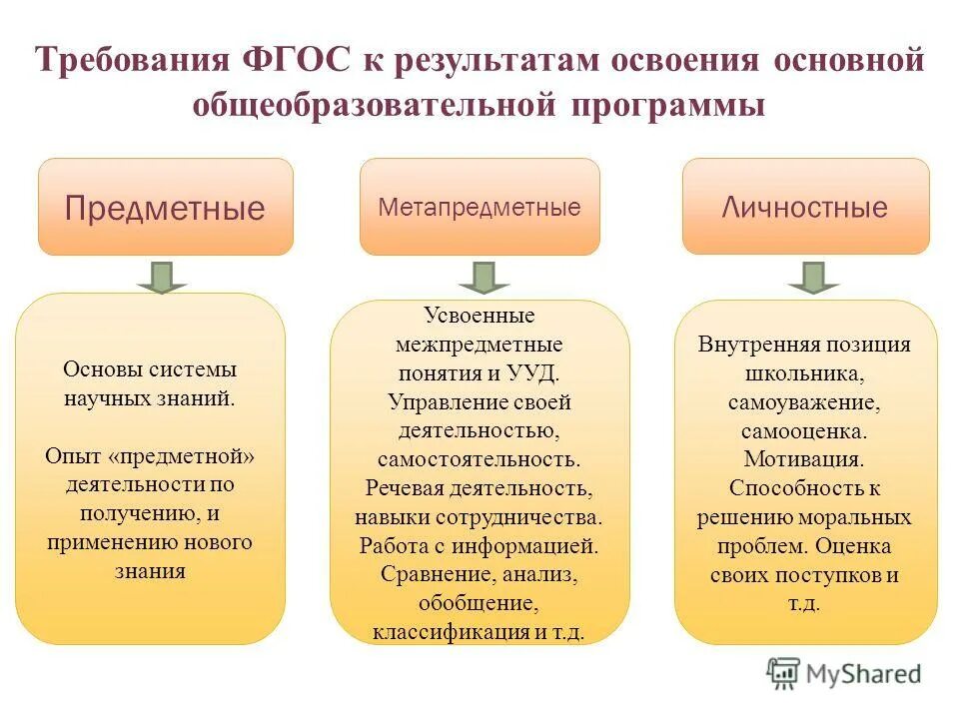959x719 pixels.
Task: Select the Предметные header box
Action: [x=166, y=207]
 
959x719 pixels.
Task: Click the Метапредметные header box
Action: [x=479, y=207]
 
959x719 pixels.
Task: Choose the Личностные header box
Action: [x=805, y=207]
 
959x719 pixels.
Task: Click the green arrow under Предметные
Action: [x=162, y=277]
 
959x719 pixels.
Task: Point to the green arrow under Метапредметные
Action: [x=483, y=277]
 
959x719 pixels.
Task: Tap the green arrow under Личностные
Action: [x=812, y=277]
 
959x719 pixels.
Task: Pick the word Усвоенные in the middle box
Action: [x=479, y=316]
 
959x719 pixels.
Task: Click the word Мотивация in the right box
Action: [x=803, y=460]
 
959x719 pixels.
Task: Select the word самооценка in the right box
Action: [x=803, y=431]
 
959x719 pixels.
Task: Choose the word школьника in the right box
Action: [x=803, y=373]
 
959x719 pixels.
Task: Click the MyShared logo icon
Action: [x=783, y=674]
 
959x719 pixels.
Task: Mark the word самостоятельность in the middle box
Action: [x=478, y=460]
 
